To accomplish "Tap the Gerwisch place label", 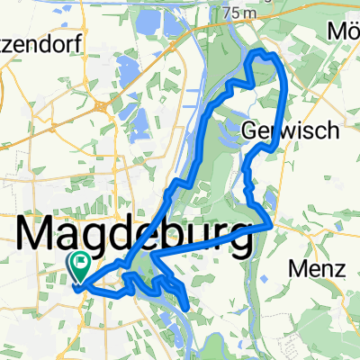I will point(290,131).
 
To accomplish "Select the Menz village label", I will point(314,268).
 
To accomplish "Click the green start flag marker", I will point(78,265).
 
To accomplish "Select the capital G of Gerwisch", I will point(251,131).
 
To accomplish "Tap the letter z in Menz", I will point(331,268).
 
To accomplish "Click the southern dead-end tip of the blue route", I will point(186,309).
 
